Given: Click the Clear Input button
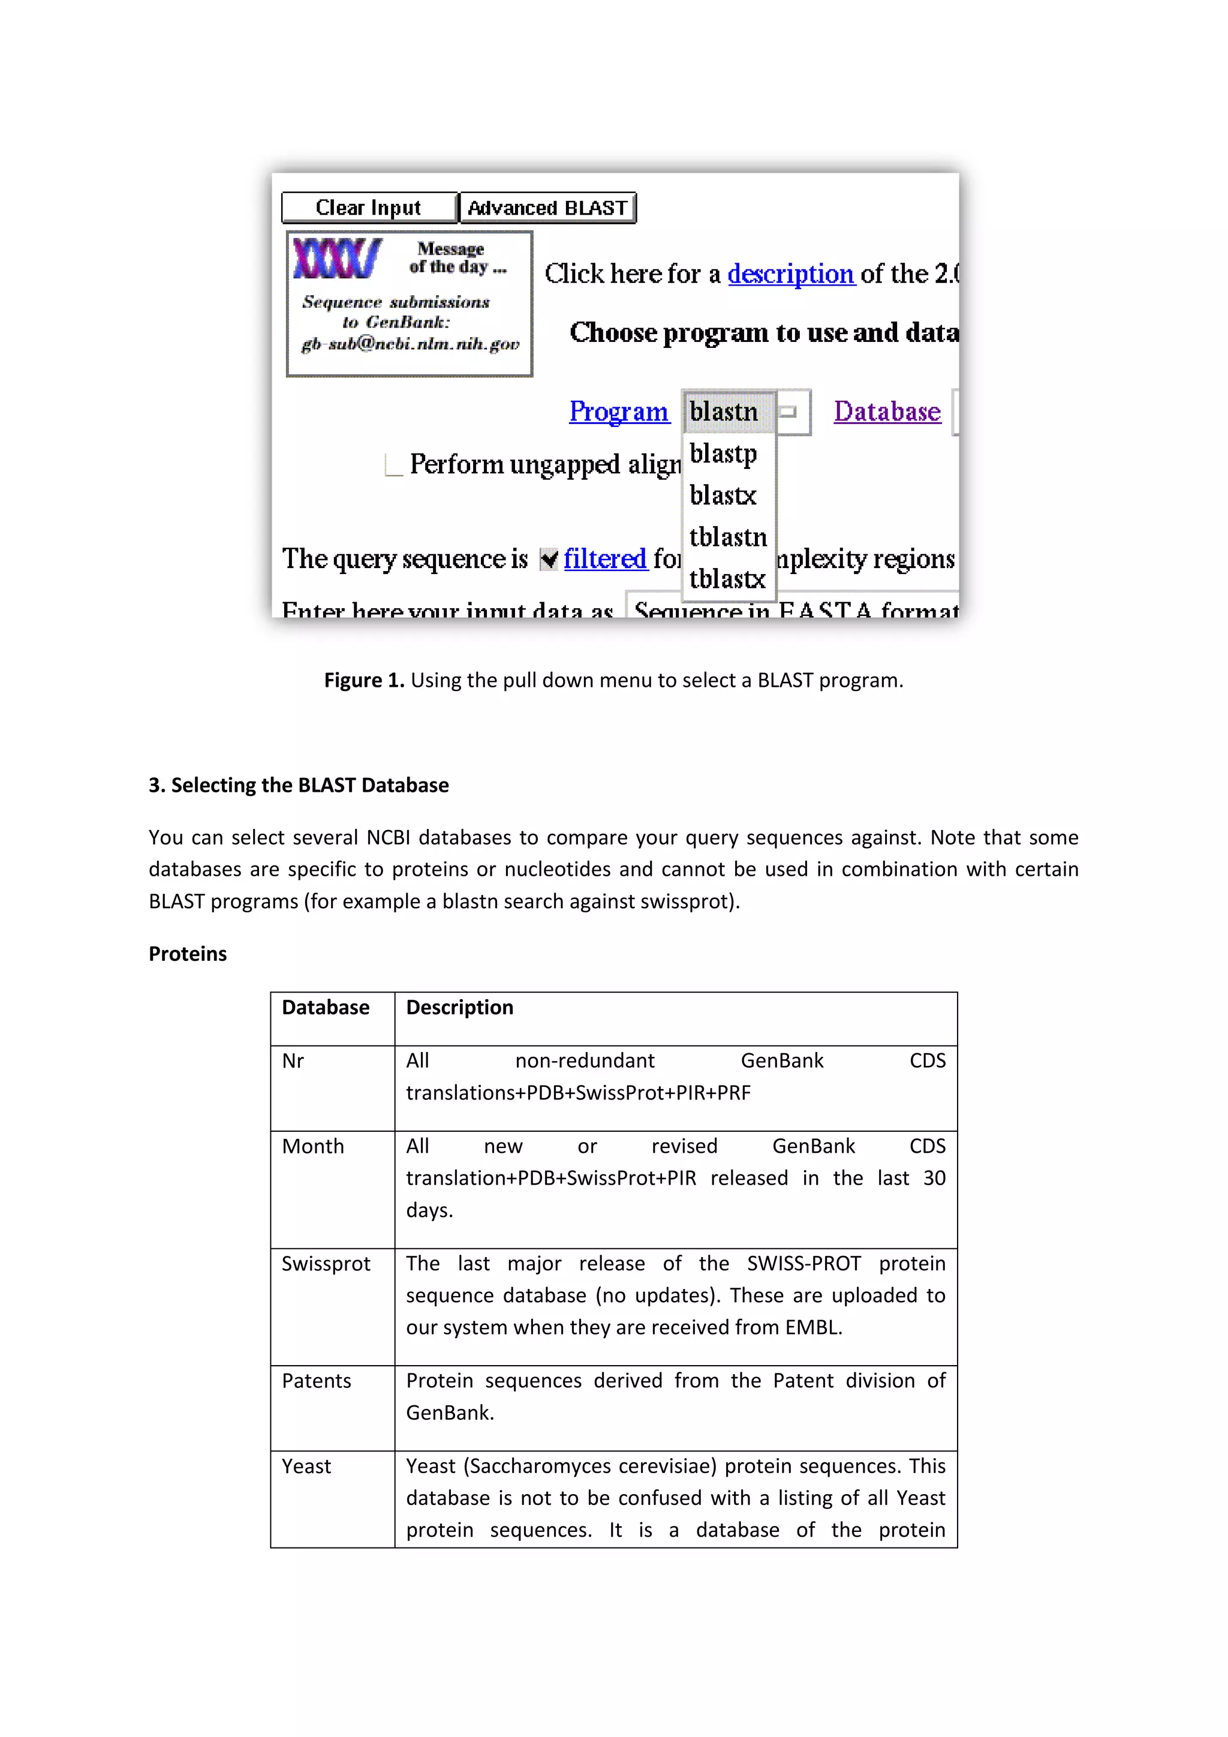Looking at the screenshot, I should tap(369, 208).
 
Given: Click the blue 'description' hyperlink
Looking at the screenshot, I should tap(790, 274).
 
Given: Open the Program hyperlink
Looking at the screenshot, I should tap(619, 411).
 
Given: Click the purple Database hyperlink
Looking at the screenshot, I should tap(887, 411).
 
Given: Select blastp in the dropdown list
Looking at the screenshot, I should tap(724, 453).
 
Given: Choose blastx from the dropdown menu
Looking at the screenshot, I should tap(724, 495).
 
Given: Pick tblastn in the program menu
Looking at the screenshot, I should tap(727, 537).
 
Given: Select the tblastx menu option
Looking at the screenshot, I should tap(727, 579).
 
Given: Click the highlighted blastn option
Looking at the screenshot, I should tap(724, 411).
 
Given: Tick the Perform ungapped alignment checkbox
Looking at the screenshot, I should tap(393, 464).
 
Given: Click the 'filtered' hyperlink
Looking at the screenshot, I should tap(605, 559).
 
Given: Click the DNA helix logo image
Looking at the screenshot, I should tap(336, 258).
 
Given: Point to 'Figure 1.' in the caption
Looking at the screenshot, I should tap(364, 680).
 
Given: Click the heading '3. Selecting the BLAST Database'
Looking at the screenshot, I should tap(299, 785).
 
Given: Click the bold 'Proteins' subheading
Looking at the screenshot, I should tap(188, 954).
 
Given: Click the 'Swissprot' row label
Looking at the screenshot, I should tap(326, 1264).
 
